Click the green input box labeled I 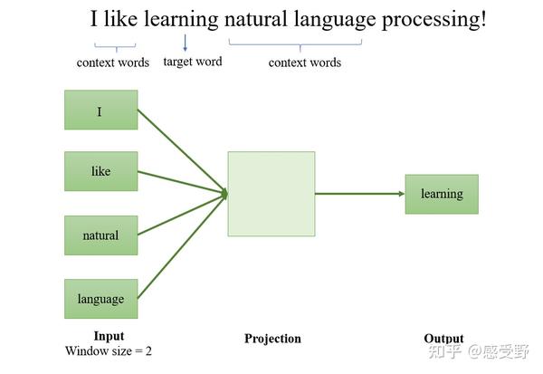[100, 110]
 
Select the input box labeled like [100, 171]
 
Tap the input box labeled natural [100, 235]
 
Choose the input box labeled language [100, 299]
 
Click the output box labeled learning [442, 194]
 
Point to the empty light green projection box [271, 194]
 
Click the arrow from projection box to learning [360, 194]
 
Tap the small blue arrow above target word [185, 43]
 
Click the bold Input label [109, 336]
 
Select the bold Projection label [272, 339]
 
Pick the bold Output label [443, 339]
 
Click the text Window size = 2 [109, 350]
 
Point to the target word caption [193, 62]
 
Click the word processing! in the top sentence [433, 19]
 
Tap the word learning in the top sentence [181, 19]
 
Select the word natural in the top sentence [256, 19]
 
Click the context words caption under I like [113, 62]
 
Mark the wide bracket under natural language [295, 44]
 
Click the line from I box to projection [182, 151]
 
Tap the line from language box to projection [182, 245]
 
